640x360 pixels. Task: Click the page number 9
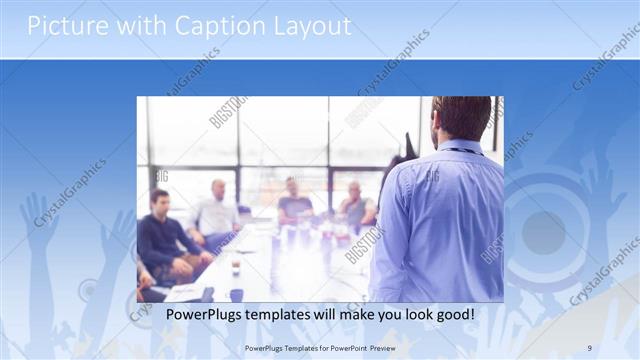pyautogui.click(x=589, y=347)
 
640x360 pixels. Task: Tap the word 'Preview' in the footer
pyautogui.click(x=391, y=347)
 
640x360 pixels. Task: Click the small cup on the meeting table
pyautogui.click(x=235, y=268)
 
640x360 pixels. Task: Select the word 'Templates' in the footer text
pyautogui.click(x=295, y=347)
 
